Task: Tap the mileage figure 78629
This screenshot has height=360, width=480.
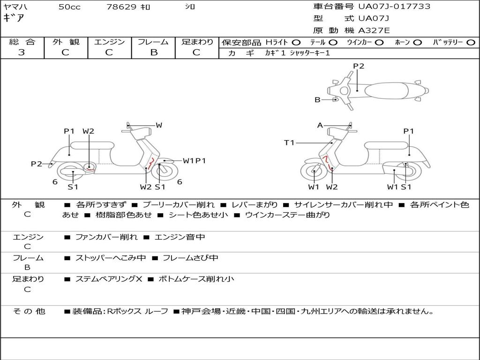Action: coord(121,7)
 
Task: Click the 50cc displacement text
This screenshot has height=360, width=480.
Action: coord(69,7)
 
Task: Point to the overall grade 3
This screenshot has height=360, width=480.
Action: coord(22,52)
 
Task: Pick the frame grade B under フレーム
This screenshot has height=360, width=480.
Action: coord(154,52)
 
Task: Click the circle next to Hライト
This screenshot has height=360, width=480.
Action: coord(296,43)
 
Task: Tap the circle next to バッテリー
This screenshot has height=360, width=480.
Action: coord(471,43)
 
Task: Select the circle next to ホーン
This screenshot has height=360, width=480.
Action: coord(417,43)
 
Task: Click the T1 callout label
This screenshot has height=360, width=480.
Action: coord(289,142)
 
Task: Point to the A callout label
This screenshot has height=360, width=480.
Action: coord(320,125)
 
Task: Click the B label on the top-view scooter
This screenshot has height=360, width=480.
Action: coord(317,100)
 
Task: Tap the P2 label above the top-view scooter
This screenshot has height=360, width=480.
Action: coord(359,66)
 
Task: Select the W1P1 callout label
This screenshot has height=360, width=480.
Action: coord(195,161)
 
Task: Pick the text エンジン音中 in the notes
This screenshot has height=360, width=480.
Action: coord(180,237)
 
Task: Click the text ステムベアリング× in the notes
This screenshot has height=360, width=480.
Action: coord(109,279)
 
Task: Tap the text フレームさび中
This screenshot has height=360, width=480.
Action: coord(190,258)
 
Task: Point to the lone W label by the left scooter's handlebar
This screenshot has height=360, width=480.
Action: coord(159,125)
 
